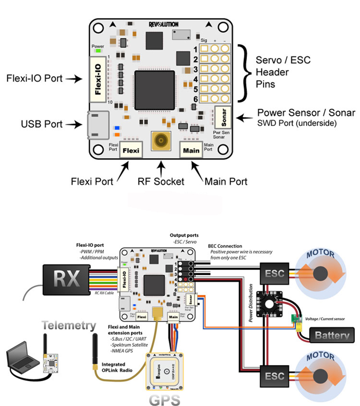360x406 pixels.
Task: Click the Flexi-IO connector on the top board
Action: [99, 79]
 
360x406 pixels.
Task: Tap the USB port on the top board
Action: [96, 125]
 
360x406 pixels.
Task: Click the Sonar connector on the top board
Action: [223, 117]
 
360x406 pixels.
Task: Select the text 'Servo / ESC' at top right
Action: [283, 60]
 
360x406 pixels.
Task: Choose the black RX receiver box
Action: [63, 277]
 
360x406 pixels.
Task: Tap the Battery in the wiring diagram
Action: [332, 334]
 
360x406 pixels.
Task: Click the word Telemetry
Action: [69, 325]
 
